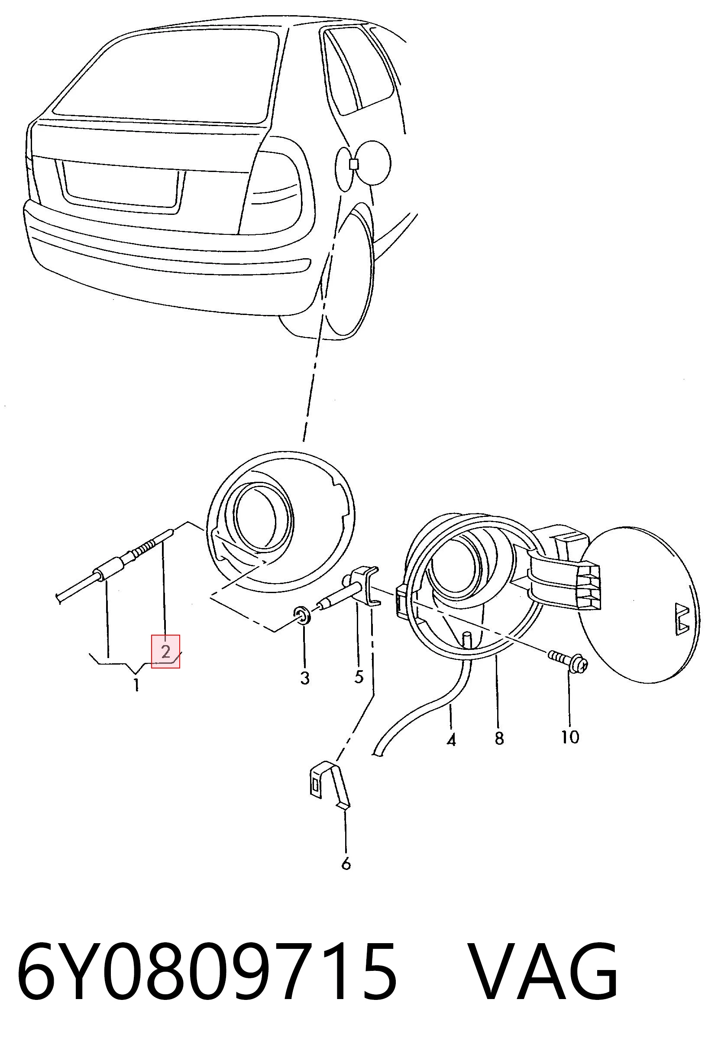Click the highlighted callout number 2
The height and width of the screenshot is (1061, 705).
(165, 651)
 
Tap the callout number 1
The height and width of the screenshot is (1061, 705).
(136, 685)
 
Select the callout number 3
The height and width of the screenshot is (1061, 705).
(305, 678)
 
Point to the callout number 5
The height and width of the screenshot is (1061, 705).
(358, 676)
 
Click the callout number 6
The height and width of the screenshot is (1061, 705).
(346, 863)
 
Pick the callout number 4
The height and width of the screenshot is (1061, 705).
(451, 740)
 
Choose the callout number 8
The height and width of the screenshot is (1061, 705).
(499, 738)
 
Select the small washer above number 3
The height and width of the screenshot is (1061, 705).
(302, 615)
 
